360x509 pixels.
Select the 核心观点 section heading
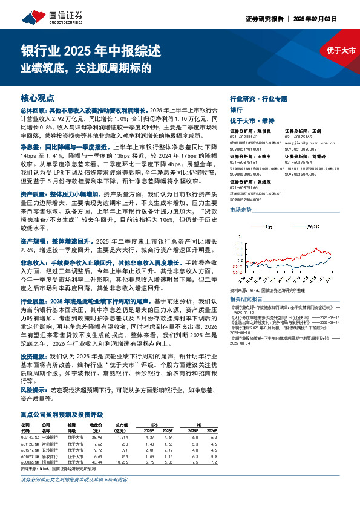tap(38, 97)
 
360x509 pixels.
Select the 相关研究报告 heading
tap(247, 299)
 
